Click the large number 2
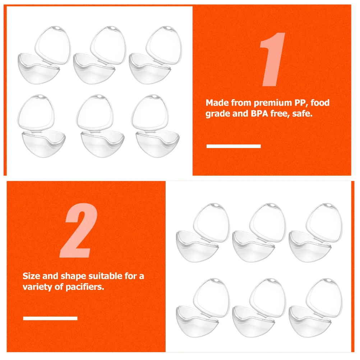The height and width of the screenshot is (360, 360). (79, 230)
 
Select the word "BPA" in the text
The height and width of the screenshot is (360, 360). (259, 114)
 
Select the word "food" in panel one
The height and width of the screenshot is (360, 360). (320, 103)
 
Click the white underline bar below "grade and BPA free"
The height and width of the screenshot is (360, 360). (234, 146)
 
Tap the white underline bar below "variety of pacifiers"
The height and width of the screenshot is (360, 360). (50, 318)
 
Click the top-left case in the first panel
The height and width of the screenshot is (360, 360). (44, 55)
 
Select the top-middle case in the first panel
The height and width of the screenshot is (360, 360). (100, 55)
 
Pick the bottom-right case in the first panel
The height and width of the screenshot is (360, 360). (155, 126)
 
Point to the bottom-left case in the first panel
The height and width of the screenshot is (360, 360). (41, 126)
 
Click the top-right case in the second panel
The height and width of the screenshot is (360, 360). (316, 232)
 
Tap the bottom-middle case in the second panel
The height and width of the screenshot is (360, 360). (259, 308)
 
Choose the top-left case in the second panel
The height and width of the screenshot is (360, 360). (203, 232)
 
